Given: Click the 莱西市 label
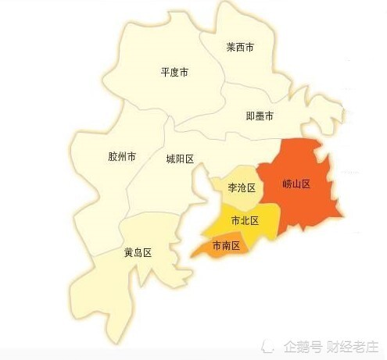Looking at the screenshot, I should [240, 48].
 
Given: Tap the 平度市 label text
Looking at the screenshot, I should [174, 73].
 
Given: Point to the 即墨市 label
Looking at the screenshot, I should [260, 116].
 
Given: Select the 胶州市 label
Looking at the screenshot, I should [121, 157].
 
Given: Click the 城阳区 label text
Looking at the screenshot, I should [180, 159].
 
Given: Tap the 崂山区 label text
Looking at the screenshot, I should [297, 184].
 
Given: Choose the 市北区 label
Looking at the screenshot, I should [245, 221].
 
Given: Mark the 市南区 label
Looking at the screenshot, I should [225, 245].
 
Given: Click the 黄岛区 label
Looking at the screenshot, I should [137, 253].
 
